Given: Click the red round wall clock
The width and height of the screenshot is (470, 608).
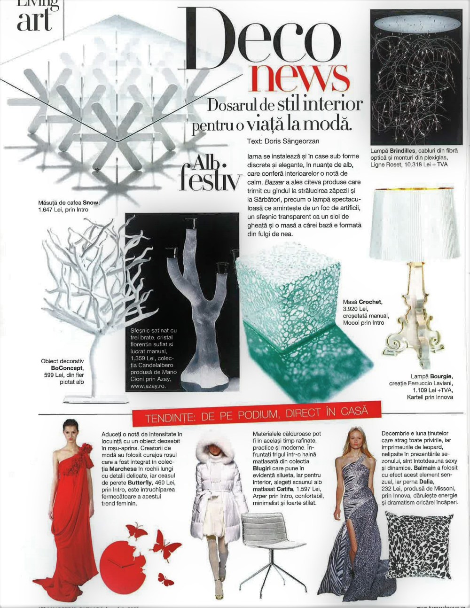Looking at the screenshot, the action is pos(123,564).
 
